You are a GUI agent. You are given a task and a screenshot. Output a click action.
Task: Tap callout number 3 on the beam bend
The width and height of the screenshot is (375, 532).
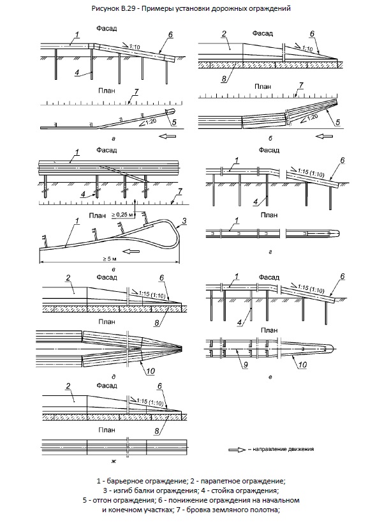click(184, 221)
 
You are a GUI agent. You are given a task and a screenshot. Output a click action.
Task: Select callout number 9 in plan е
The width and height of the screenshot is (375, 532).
click(246, 365)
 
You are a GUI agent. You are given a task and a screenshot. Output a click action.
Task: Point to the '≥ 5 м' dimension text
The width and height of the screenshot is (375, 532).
click(110, 259)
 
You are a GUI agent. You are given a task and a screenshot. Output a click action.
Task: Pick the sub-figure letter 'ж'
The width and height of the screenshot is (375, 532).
click(114, 461)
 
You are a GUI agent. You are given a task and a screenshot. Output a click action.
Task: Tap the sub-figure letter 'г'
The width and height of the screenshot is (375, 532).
click(270, 252)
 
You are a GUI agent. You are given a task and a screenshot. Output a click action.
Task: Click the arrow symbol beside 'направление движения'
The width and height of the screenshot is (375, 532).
click(237, 450)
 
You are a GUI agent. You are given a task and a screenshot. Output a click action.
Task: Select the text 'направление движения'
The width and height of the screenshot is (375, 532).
click(283, 449)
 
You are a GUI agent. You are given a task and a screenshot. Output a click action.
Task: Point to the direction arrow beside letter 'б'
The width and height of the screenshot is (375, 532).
click(324, 136)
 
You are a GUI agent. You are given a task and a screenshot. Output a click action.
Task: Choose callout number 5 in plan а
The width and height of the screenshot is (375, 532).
click(174, 123)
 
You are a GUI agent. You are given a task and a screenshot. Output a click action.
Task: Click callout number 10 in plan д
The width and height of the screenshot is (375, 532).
click(151, 371)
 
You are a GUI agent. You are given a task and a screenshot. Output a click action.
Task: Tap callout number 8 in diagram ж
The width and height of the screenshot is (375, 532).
click(157, 431)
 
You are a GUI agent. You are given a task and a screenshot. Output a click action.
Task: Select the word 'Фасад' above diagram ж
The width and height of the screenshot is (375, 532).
click(107, 386)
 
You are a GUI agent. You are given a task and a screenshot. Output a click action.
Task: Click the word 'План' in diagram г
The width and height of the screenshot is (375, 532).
click(269, 215)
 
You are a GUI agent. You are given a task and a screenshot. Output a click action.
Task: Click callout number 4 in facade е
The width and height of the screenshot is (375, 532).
click(240, 323)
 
